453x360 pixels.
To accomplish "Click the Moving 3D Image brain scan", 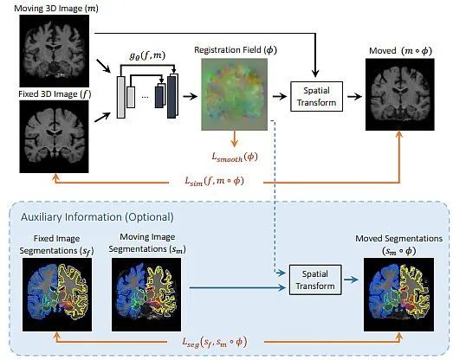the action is point(55,51).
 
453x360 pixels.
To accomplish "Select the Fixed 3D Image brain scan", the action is point(54,137).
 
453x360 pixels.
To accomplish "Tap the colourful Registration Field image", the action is point(235,94).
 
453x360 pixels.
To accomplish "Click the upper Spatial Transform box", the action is point(316,96).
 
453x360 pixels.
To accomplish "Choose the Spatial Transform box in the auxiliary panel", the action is point(315,280).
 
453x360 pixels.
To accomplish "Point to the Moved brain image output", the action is point(400,94).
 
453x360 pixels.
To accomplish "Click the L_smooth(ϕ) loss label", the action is point(235,157).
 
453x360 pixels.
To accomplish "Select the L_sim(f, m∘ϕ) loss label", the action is point(214,182).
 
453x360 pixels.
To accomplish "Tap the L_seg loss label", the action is point(214,343).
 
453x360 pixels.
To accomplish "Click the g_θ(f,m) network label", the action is point(147,55).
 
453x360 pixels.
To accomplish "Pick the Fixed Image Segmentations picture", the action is point(57,294).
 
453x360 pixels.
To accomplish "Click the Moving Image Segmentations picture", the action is point(146,294).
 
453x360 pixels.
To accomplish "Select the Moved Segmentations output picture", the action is point(398,294).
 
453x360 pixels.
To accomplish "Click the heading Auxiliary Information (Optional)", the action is point(97,217).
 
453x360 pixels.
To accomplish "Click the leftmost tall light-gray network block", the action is point(121,97).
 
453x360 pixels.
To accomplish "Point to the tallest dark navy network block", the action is point(171,97).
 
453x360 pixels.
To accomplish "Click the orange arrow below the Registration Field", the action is point(235,138).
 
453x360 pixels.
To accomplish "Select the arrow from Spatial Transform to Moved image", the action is point(354,97).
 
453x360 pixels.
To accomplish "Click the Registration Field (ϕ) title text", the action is point(236,50).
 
